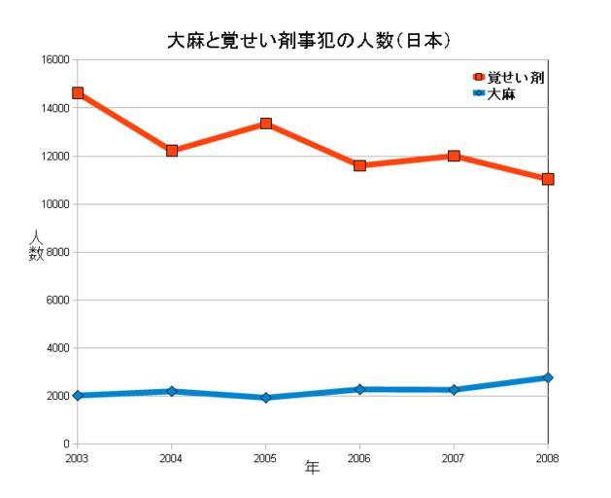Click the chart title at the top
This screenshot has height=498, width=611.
click(304, 42)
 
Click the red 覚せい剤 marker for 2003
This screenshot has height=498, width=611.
click(78, 93)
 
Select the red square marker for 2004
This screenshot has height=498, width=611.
click(172, 151)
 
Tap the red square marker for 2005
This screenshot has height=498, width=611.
click(265, 124)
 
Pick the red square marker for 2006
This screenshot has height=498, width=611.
click(359, 165)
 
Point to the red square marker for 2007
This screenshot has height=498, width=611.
click(454, 156)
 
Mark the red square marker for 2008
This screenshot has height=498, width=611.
click(548, 179)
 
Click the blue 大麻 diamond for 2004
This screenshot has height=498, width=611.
click(172, 391)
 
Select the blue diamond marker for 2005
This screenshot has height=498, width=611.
click(265, 398)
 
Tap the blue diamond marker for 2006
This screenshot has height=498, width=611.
click(359, 389)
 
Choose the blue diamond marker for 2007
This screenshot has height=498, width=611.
click(454, 390)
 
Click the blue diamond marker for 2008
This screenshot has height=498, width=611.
click(548, 377)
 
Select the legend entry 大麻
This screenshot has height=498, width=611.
click(500, 92)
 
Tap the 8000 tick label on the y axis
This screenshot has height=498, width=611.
click(57, 252)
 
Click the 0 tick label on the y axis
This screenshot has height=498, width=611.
click(66, 445)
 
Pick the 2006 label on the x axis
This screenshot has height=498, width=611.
click(359, 458)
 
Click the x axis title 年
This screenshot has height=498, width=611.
click(312, 468)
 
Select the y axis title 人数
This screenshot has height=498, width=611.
click(37, 246)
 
